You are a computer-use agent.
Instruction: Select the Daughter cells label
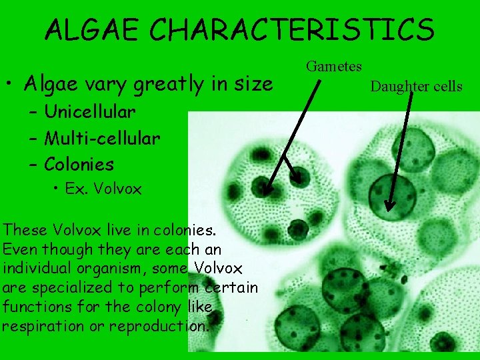click(x=416, y=86)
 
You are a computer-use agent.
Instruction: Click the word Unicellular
click(x=90, y=111)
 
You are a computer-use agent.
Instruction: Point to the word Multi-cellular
click(x=102, y=138)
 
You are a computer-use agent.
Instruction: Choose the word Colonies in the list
click(x=79, y=164)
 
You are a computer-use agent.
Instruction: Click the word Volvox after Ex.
click(x=117, y=189)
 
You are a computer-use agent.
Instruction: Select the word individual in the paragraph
click(x=41, y=269)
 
